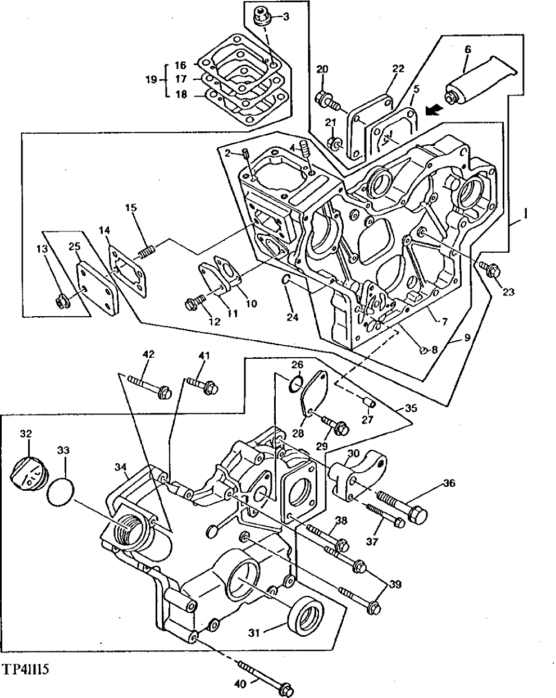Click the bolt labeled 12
click(x=194, y=304)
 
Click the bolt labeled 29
click(x=335, y=425)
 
